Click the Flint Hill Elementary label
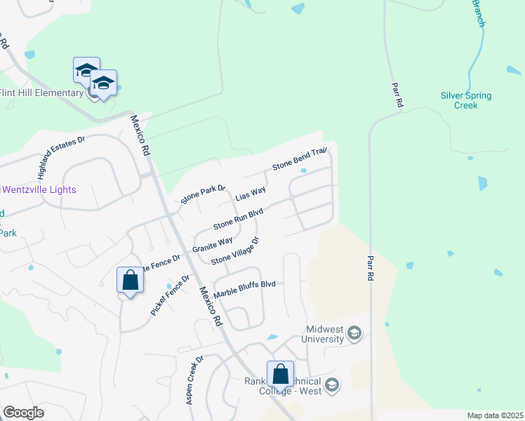[x=42, y=93]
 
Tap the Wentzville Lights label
[x=39, y=189]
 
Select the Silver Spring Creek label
[x=466, y=100]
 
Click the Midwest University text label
[x=325, y=334]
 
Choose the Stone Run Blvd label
[x=238, y=218]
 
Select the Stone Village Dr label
[x=235, y=251]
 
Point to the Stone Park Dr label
[x=203, y=194]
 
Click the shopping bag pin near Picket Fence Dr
[x=131, y=280]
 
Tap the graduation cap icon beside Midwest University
[x=354, y=333]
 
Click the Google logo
[x=23, y=413]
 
